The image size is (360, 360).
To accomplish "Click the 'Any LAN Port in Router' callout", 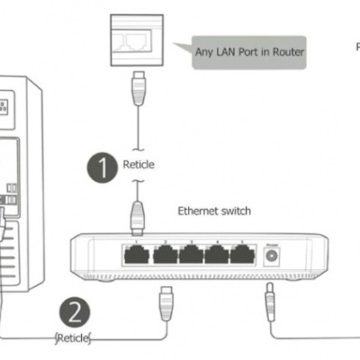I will coord(249,52).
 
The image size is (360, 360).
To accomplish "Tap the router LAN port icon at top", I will coord(137,40).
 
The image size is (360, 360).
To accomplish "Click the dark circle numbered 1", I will coord(102,166).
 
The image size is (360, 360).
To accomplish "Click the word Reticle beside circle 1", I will coord(139,166).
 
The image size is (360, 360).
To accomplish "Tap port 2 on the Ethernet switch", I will coord(166,253).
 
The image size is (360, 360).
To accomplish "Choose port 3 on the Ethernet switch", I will coord(191,253).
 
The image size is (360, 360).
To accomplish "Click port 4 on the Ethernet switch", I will coord(216,253).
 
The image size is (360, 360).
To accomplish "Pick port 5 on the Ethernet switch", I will coord(241,253).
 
